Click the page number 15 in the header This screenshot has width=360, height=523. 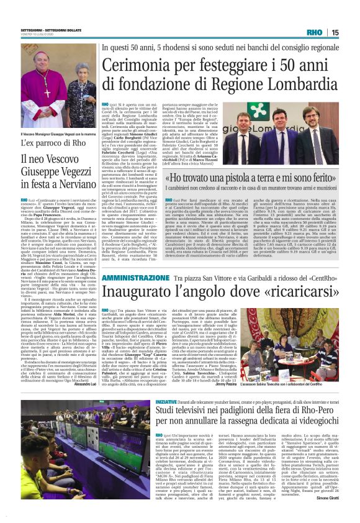click(352, 32)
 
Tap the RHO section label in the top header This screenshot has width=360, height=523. click(331, 32)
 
